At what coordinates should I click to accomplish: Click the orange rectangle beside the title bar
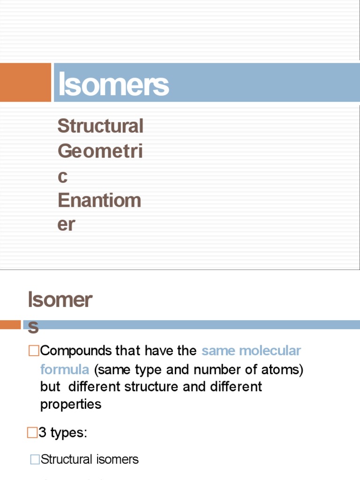(25, 82)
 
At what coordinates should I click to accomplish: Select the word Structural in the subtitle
(100, 126)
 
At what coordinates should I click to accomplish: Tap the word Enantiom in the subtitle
(99, 200)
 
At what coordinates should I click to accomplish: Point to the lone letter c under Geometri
(63, 177)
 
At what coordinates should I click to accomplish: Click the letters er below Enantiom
(66, 225)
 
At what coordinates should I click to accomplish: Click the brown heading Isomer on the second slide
(60, 300)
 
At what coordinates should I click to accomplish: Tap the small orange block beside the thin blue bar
(10, 324)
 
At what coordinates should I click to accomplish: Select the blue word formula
(65, 369)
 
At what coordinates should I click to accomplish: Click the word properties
(71, 404)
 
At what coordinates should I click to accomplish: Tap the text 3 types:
(63, 433)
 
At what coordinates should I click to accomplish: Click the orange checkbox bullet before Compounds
(33, 351)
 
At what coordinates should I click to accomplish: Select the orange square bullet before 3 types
(32, 433)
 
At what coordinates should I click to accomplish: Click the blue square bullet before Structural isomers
(35, 459)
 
